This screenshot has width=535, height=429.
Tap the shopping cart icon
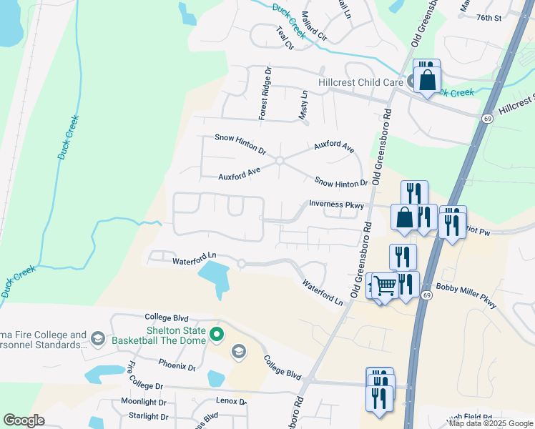[x=385, y=286]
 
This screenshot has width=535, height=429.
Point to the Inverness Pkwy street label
[x=336, y=204]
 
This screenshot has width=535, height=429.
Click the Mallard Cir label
[x=313, y=26]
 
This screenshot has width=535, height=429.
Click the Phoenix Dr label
[x=177, y=367]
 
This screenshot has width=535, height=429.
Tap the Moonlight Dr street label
[x=143, y=402]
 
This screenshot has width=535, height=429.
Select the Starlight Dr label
[x=148, y=416]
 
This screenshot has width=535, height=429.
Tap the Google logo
[x=24, y=420]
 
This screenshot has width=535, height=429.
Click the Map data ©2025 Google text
[x=491, y=423]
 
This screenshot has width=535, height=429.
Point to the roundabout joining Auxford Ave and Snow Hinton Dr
[x=280, y=161]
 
